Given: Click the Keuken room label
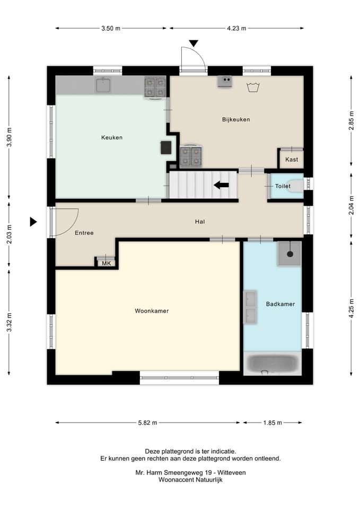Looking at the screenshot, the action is click(x=112, y=138).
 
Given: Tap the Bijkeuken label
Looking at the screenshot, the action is click(x=236, y=119).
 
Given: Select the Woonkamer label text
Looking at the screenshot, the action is click(x=152, y=311).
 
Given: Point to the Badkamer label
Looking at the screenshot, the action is click(x=280, y=304).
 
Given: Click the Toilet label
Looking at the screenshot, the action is click(x=283, y=186).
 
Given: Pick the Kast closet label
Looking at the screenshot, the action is click(x=292, y=160).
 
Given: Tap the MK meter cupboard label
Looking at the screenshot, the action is click(x=107, y=264).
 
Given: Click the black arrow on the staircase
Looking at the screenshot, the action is click(x=222, y=186).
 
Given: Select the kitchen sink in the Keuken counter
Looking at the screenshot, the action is click(x=103, y=85).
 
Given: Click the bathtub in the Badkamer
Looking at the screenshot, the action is click(x=273, y=363).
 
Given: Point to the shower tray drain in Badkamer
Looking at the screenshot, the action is click(x=290, y=254).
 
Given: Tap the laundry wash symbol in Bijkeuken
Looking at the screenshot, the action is click(x=253, y=87).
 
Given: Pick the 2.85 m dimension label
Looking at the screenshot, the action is click(x=351, y=120).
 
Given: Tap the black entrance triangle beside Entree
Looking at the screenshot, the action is click(x=33, y=222).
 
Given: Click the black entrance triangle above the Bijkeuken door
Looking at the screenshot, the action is click(x=194, y=43).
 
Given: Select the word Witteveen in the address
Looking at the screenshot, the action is click(x=232, y=472).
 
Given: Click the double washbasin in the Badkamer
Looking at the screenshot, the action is click(x=251, y=307).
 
